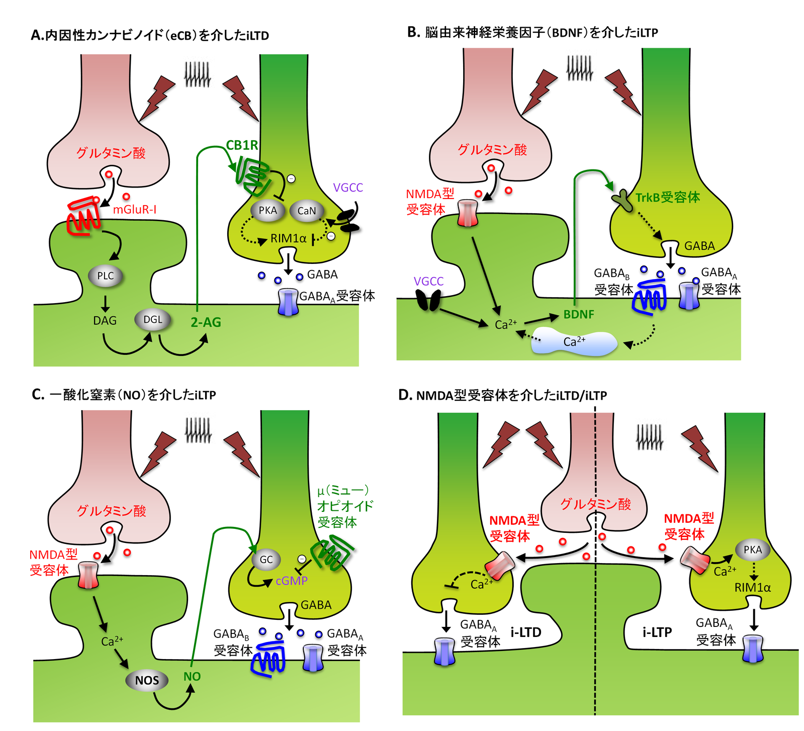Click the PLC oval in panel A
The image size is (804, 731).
click(x=106, y=276)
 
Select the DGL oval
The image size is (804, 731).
click(x=153, y=320)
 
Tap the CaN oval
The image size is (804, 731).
click(x=307, y=211)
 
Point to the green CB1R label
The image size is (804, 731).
click(x=242, y=145)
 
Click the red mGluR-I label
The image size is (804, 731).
click(x=134, y=210)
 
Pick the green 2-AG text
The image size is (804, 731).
click(x=206, y=322)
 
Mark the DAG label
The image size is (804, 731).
click(x=105, y=321)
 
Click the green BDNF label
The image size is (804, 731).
click(x=579, y=315)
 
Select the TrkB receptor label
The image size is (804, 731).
click(x=667, y=198)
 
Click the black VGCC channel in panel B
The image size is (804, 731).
click(x=428, y=300)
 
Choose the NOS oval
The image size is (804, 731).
click(x=147, y=680)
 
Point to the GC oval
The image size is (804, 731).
click(x=266, y=560)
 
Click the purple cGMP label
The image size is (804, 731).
click(x=292, y=581)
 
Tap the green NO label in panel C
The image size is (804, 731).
click(x=192, y=677)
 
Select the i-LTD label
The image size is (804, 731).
click(x=526, y=632)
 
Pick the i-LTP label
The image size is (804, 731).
click(x=657, y=632)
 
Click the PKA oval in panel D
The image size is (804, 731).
click(x=753, y=550)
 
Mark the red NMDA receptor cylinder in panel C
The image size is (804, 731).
click(x=88, y=576)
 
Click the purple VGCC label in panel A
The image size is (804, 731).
click(x=348, y=188)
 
